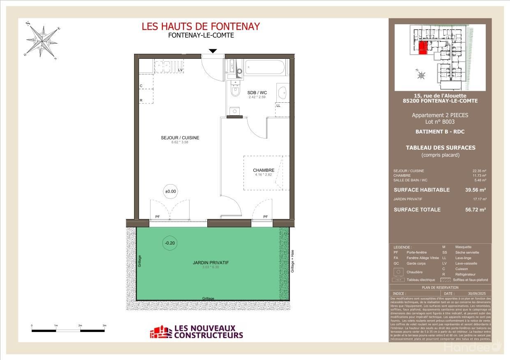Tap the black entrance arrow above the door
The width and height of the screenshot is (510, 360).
tap(213, 51)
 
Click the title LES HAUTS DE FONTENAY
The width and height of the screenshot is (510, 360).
tap(201, 26)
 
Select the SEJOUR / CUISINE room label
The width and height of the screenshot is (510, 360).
tap(180, 138)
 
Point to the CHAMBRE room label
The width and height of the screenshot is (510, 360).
tap(264, 170)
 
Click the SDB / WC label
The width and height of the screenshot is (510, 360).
tap(257, 92)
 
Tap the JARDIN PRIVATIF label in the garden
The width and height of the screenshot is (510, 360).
tap(211, 263)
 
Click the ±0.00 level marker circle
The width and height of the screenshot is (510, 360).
tap(170, 191)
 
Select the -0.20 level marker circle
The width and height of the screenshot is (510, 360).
tap(170, 243)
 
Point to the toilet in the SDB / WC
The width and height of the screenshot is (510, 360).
tap(235, 90)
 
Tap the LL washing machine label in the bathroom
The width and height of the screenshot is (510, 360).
tap(278, 106)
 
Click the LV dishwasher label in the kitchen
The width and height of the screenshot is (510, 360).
tap(180, 70)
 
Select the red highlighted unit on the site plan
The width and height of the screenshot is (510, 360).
tap(422, 47)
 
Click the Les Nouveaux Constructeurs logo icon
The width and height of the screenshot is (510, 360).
tap(160, 332)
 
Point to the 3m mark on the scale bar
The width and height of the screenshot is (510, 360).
tap(104, 325)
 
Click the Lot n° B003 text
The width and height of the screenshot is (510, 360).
tap(440, 122)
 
